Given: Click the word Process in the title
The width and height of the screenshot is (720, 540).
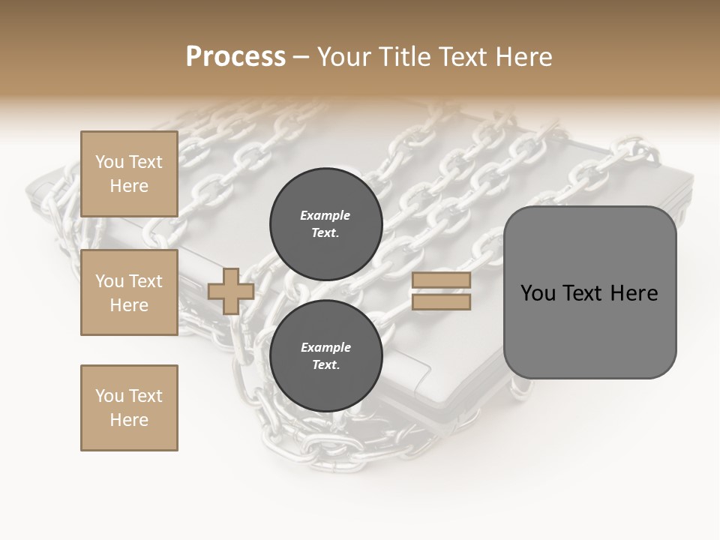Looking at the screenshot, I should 235,57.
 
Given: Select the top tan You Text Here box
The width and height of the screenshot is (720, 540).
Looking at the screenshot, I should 129,174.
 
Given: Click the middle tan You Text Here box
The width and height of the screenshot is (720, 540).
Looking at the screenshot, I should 129,292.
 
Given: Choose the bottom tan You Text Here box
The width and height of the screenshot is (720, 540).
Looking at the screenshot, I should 129,407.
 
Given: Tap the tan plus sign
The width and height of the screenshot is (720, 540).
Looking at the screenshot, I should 231,292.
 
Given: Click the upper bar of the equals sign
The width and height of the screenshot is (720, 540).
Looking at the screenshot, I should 441,280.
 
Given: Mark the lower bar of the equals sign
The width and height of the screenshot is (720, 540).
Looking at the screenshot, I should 441,301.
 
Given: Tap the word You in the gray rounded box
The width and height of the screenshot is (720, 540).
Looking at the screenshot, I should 538,293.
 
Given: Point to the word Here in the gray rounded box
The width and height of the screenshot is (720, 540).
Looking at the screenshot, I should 634,293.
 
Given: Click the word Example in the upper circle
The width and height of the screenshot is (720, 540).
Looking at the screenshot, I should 325,215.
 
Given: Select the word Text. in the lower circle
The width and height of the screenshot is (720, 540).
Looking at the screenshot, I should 325,365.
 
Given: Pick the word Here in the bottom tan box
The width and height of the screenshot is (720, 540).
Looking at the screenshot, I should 129,420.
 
